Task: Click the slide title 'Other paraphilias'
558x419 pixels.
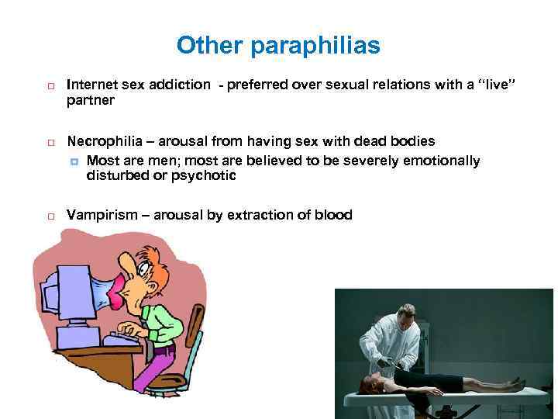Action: [278, 46]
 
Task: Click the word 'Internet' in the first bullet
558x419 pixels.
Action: [91, 85]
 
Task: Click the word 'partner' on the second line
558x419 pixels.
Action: [91, 100]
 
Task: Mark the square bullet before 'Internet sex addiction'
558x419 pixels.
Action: [48, 85]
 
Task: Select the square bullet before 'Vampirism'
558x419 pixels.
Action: [48, 216]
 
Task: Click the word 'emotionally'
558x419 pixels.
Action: [441, 161]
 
